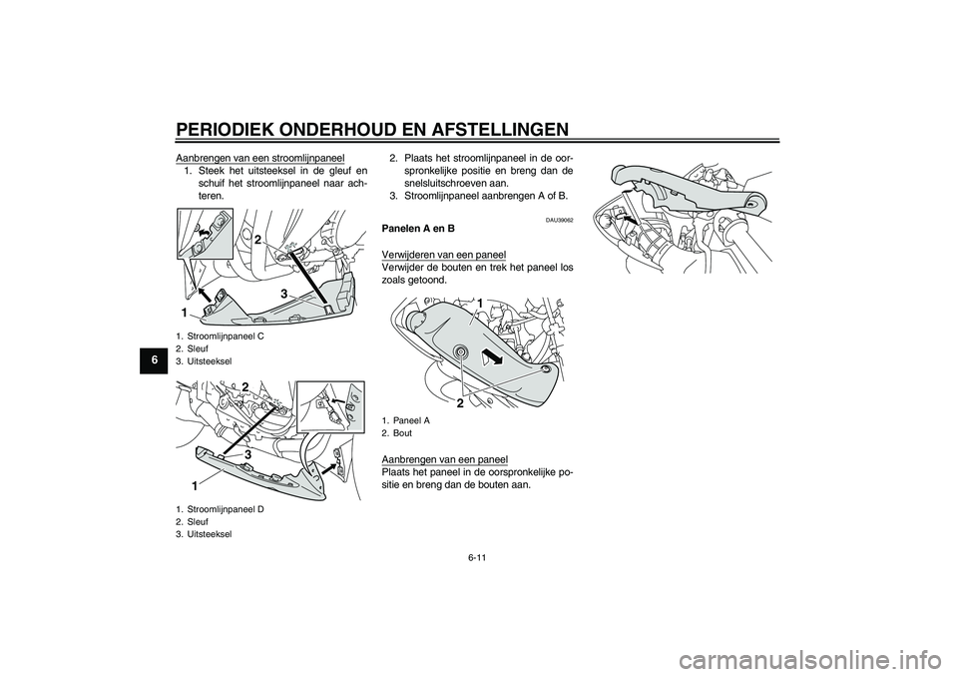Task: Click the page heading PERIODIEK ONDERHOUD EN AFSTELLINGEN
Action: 372,130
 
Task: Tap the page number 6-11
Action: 478,556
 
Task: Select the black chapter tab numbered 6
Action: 157,360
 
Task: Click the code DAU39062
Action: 560,220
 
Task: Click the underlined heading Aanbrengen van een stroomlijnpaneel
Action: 260,157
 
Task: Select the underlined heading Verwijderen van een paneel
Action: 443,255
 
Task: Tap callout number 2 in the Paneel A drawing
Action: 459,403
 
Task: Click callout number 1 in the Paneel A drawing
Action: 481,304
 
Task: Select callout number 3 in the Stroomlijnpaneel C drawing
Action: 284,295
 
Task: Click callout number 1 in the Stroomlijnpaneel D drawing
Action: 194,487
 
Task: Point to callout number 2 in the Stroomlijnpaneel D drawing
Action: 245,387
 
